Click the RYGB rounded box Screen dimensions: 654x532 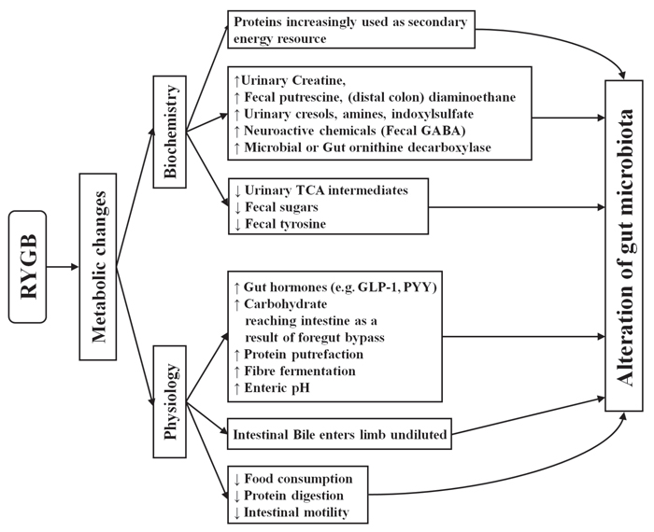pos(27,267)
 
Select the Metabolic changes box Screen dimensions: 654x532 pos(98,267)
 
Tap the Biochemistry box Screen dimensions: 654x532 pos(170,132)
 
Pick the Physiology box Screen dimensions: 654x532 pos(170,401)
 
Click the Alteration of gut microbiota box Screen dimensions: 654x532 pos(624,245)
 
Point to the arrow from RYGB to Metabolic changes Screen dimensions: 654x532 pos(63,267)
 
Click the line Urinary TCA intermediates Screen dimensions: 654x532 pos(326,190)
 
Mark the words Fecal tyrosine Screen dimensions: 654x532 pos(285,224)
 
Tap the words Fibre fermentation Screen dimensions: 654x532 pos(300,371)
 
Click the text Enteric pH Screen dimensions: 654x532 pos(277,388)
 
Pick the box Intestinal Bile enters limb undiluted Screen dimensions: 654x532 pos(339,434)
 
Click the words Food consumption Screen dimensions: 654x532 pos(298,479)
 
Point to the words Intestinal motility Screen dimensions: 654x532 pos(296,512)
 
